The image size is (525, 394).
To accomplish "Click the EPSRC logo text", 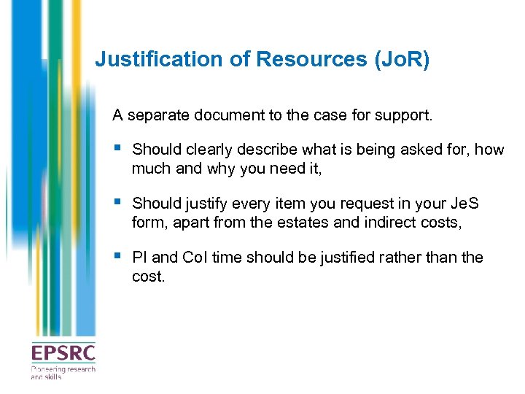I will click(x=63, y=354).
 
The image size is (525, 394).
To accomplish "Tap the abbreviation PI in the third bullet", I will click(x=139, y=258).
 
